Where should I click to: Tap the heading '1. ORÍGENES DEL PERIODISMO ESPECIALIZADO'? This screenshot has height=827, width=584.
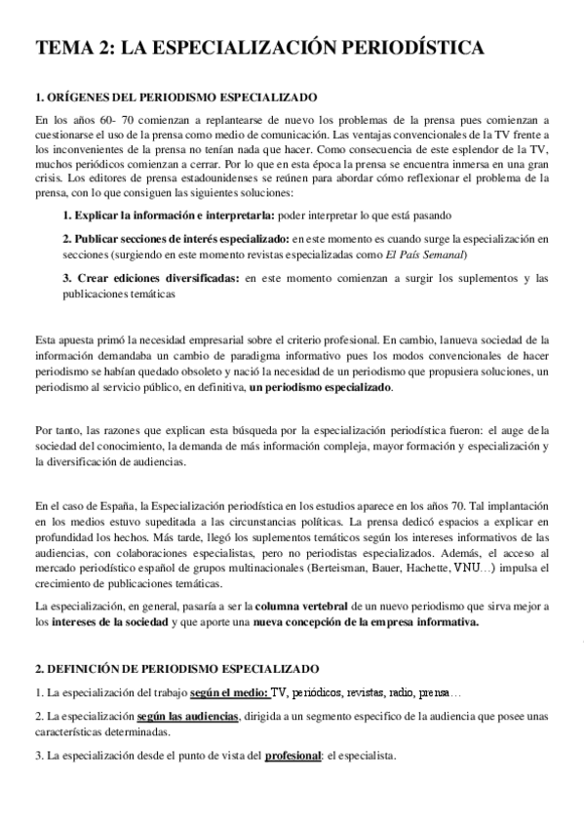(175, 98)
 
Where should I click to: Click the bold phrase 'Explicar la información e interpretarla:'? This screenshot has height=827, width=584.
(169, 215)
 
